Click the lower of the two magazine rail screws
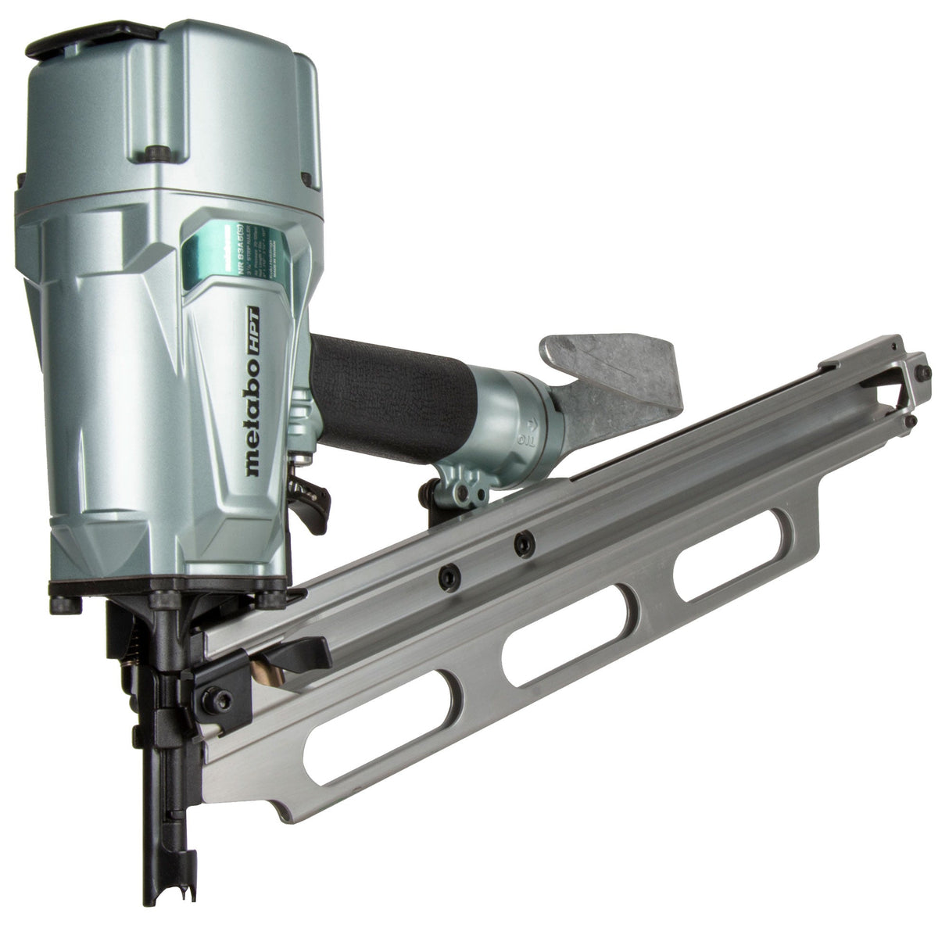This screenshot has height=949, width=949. tap(448, 578)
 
